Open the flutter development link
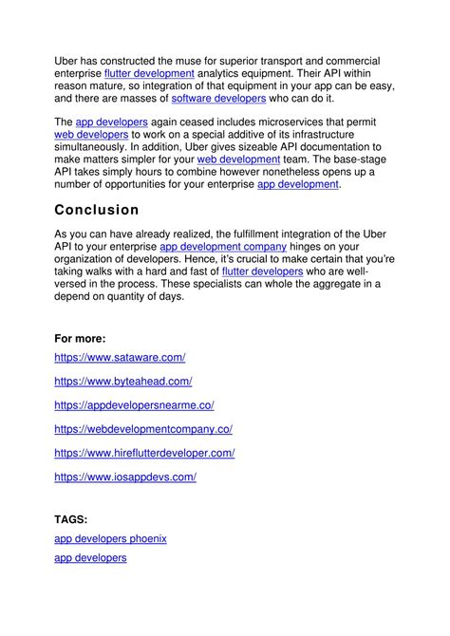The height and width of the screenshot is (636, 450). (149, 73)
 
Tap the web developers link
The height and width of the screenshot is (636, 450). (91, 135)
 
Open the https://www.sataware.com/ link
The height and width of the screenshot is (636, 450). (120, 357)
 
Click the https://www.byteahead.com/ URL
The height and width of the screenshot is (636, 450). (123, 381)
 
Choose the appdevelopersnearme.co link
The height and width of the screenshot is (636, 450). (134, 405)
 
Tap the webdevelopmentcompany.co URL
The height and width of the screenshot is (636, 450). (143, 429)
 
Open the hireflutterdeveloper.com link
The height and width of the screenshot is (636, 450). (144, 453)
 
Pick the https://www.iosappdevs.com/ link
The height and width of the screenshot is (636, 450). (125, 477)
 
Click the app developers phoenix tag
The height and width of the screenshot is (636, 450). (110, 538)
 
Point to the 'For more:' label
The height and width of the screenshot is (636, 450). (80, 338)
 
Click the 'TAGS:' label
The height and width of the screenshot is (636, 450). (71, 519)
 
